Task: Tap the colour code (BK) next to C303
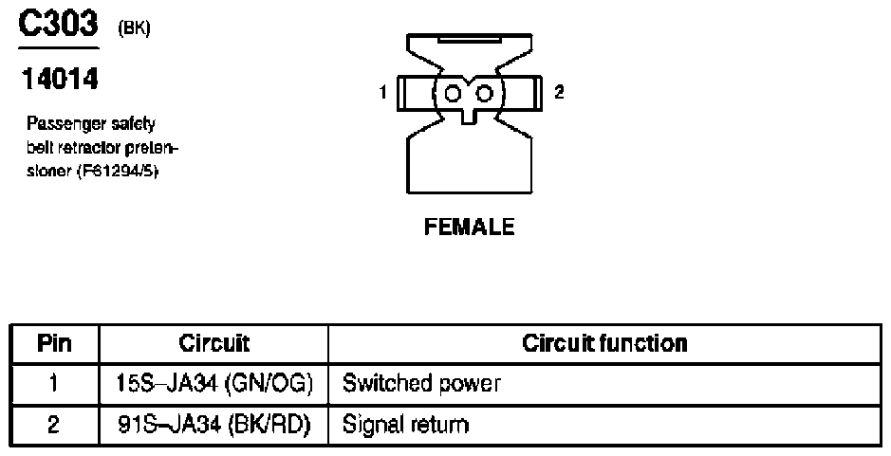click(134, 28)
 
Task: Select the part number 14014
click(58, 81)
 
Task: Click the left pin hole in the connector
click(453, 93)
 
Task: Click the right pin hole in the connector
click(485, 93)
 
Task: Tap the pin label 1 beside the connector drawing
click(381, 92)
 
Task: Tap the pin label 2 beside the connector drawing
click(559, 92)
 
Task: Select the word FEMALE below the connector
click(470, 228)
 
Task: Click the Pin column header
click(54, 343)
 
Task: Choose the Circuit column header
click(213, 343)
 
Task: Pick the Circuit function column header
click(604, 343)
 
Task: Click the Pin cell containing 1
click(54, 384)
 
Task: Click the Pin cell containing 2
click(54, 424)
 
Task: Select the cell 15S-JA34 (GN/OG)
click(213, 384)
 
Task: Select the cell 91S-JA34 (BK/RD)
click(213, 424)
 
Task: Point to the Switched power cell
click(421, 384)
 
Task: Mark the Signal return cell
click(406, 424)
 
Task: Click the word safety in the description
click(133, 124)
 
